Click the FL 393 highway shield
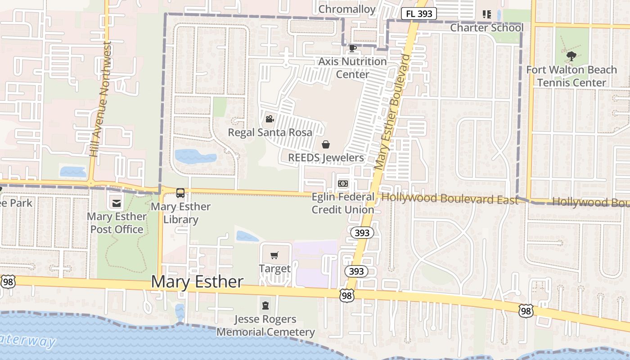click(x=418, y=13)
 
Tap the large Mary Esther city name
click(x=197, y=282)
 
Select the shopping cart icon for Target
click(x=274, y=256)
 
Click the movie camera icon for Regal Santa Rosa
click(x=270, y=119)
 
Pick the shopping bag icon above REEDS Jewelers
click(x=326, y=144)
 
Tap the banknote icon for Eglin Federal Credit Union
click(x=343, y=184)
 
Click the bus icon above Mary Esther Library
click(x=180, y=193)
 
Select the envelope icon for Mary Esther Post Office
click(x=117, y=203)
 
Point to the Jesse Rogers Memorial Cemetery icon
click(x=265, y=306)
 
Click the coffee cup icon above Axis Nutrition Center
click(x=353, y=48)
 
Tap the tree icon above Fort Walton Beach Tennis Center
click(x=571, y=56)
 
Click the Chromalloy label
click(x=347, y=9)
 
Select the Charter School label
click(x=487, y=28)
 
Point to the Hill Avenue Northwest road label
click(x=100, y=99)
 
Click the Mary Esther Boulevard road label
click(x=393, y=112)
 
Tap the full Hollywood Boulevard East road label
click(x=450, y=198)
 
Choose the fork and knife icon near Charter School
click(x=486, y=14)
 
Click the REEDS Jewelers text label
click(x=326, y=157)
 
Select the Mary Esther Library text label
click(x=180, y=213)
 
